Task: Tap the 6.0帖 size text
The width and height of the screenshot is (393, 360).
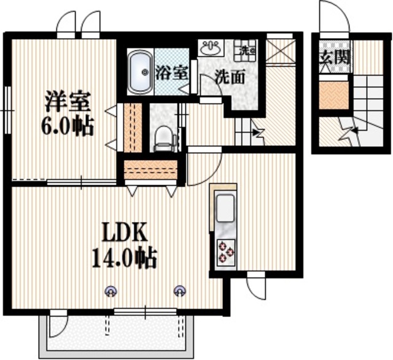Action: tap(66, 127)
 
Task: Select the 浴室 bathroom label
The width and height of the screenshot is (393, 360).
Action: tap(172, 71)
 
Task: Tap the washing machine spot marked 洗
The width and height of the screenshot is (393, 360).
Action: tap(247, 48)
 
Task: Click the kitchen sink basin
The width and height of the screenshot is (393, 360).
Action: tap(224, 209)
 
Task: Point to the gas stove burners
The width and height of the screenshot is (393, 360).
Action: tap(225, 251)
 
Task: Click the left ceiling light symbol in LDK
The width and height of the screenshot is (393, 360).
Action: tap(111, 290)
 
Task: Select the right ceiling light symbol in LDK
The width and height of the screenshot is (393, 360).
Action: tap(179, 290)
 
